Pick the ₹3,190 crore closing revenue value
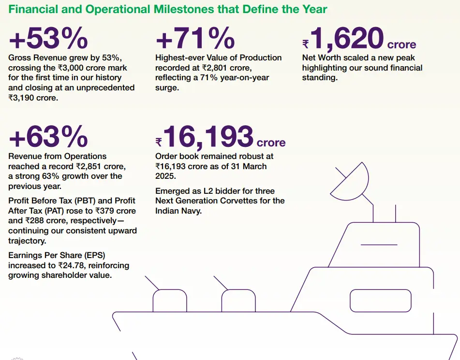pyautogui.click(x=31, y=97)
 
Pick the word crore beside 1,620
pyautogui.click(x=401, y=45)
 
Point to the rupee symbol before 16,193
pyautogui.click(x=159, y=142)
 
